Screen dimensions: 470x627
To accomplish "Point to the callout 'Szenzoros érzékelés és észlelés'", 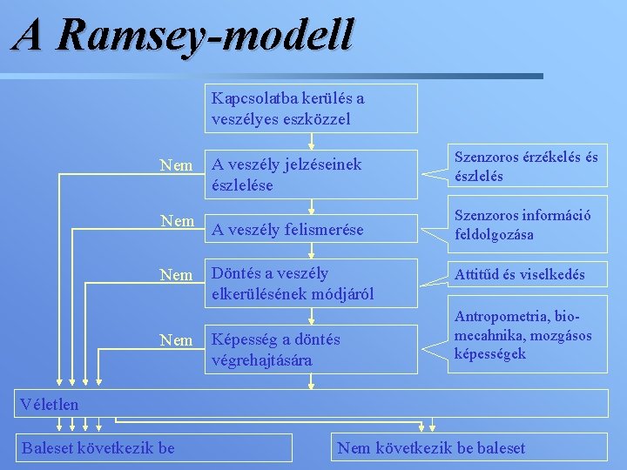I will point(525,166).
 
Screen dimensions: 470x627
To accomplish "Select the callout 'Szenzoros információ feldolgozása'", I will point(525,225).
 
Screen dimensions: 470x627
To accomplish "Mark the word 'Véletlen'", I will point(49,404).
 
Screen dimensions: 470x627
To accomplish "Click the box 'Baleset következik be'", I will point(98,447).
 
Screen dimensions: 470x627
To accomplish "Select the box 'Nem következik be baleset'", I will point(432,447).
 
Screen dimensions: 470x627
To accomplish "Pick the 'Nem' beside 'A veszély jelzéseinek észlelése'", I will point(177,164).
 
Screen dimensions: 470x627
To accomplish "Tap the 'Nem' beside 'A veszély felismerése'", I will point(177,221).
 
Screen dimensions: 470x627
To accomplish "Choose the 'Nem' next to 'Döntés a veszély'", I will point(177,275).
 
